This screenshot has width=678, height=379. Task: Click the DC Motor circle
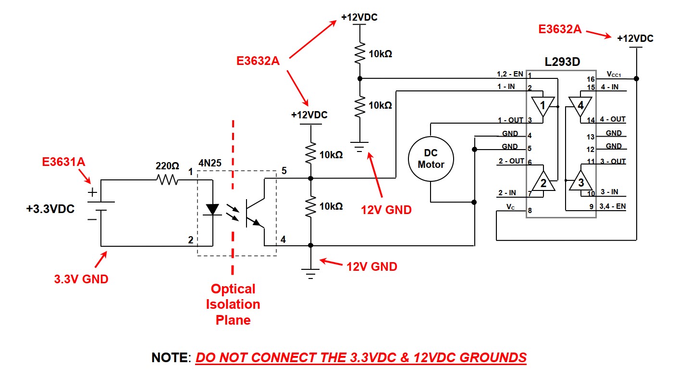point(431,158)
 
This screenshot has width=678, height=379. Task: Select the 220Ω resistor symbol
point(167,180)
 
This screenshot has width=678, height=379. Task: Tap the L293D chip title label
point(562,62)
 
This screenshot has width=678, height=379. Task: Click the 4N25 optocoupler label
point(210,163)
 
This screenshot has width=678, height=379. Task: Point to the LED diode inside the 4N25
point(212,210)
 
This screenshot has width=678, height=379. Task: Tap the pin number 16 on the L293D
point(591,79)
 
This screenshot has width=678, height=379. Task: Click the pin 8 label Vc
point(511,206)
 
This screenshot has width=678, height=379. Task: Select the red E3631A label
point(63,162)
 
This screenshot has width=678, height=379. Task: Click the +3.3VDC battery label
point(50,210)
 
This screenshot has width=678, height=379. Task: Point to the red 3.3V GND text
point(81,278)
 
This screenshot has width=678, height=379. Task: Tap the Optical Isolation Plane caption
point(233,304)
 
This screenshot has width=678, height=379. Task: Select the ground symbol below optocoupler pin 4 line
point(311,274)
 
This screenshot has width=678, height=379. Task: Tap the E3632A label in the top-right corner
point(560,30)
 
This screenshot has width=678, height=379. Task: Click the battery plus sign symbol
point(92,192)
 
